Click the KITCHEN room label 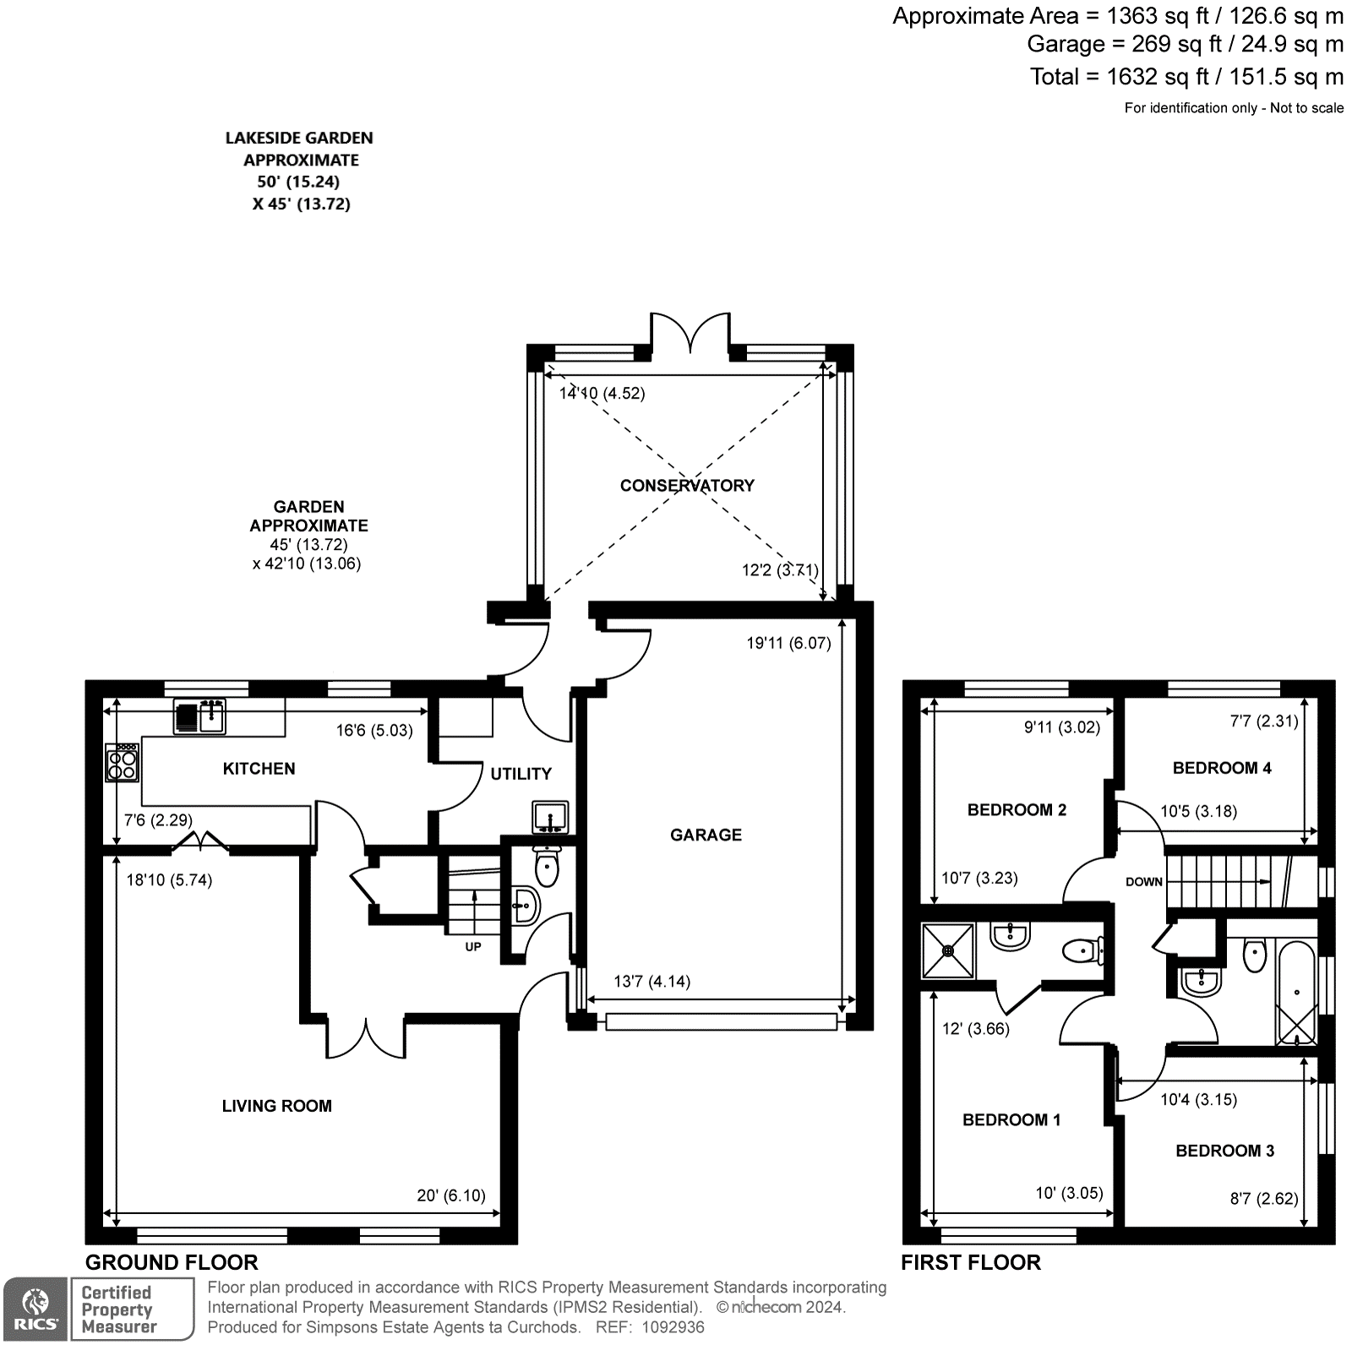point(259,768)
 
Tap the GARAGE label point(706,835)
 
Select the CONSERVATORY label point(687,485)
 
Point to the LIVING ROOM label point(276,1106)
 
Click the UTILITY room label point(521,773)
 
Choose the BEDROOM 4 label point(1222,768)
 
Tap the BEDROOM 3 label point(1224,1151)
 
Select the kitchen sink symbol point(200,716)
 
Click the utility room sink point(551,818)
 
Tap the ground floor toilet point(547,868)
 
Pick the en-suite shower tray point(948,950)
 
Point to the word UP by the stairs point(473,946)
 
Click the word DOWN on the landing point(1144,881)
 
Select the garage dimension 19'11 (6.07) point(788,643)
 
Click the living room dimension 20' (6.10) point(451,1195)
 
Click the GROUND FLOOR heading point(172,1262)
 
